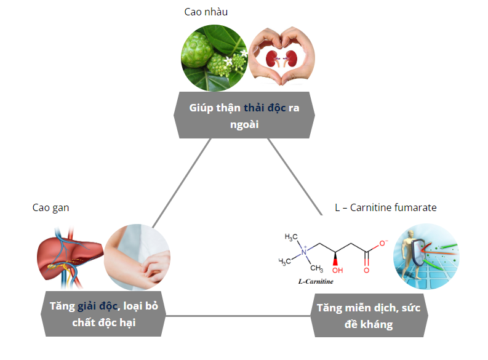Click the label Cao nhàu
click(x=202, y=12)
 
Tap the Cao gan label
click(x=50, y=207)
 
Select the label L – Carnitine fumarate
click(x=386, y=207)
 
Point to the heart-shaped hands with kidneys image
click(x=281, y=57)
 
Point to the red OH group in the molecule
click(x=337, y=270)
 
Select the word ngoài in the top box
click(x=244, y=124)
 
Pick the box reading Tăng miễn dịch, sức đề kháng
click(x=368, y=316)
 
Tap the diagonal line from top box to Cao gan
click(x=182, y=182)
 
